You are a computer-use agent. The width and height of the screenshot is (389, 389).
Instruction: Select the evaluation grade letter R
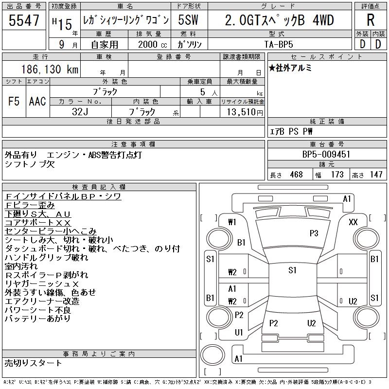pos(371,20)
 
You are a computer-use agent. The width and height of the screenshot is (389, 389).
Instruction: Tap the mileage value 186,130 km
pos(49,70)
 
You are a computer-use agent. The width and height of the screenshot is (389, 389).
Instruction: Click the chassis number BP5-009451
pos(326,155)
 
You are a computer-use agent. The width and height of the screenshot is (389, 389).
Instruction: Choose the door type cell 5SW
pos(189,20)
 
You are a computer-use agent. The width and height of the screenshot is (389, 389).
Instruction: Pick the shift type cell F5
pos(14,101)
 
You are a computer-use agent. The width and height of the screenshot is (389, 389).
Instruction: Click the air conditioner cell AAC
pos(37,101)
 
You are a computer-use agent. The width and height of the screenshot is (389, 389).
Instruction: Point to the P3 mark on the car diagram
pos(314,233)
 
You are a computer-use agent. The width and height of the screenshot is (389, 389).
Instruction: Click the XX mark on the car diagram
pos(354,222)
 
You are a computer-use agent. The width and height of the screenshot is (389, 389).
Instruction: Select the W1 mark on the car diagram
pos(232,222)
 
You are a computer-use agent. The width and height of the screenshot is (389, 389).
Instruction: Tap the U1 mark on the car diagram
pos(239,333)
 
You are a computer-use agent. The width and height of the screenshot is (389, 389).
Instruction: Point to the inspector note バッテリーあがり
pos(37,318)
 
